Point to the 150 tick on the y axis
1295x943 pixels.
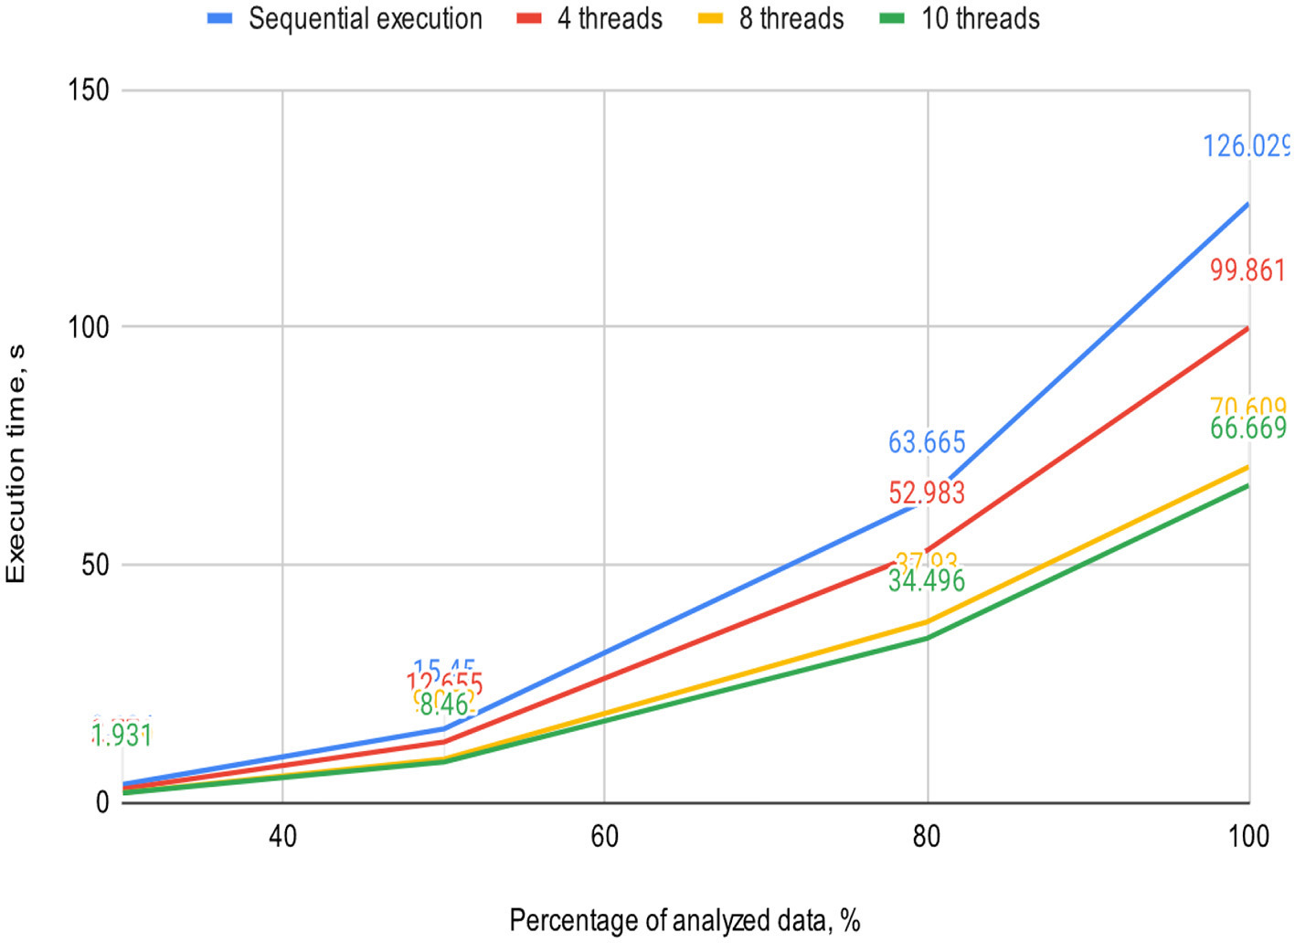89,90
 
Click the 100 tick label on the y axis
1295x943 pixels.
89,326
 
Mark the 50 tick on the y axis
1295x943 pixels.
94,565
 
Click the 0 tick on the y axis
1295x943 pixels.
101,801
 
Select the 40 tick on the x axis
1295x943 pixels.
282,836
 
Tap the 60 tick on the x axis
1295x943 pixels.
604,836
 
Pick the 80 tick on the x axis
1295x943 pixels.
927,836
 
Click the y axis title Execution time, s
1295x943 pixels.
16,463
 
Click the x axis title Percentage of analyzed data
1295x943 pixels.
685,920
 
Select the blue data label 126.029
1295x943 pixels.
1246,146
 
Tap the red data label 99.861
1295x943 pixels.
1247,270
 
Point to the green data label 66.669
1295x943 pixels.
1247,429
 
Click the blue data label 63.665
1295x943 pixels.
927,442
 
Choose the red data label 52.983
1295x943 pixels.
927,493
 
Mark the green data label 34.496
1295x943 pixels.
927,581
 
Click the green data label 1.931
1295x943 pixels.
122,736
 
